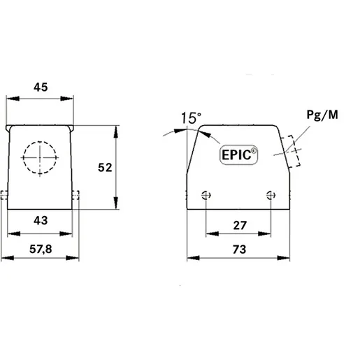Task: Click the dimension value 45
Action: [x=41, y=87]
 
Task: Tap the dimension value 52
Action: [x=105, y=168]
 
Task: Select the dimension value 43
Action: [x=41, y=220]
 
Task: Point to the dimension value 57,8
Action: [x=41, y=250]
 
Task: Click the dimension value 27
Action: [x=240, y=226]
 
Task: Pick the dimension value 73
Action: [x=239, y=250]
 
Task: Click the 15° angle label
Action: [x=191, y=118]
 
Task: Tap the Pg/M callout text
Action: [x=322, y=115]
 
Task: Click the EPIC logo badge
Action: [x=239, y=154]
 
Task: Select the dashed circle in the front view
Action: [x=40, y=141]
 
